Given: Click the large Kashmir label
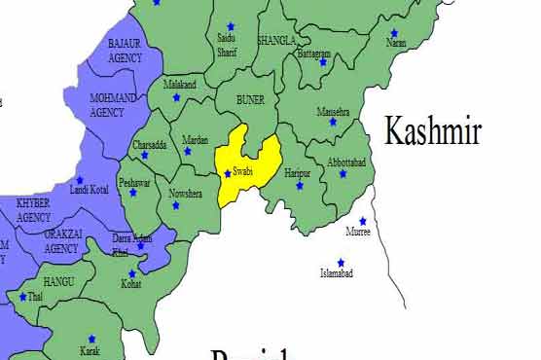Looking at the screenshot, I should [432, 130].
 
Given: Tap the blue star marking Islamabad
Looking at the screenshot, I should [341, 263].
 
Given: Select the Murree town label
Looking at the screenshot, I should [358, 232].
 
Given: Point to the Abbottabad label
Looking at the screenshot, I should [347, 162].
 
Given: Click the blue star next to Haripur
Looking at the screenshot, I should [300, 185].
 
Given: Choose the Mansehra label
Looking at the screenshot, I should [333, 112].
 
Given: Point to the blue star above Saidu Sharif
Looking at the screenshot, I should [231, 26].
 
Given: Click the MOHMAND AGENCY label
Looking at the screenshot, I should [113, 104].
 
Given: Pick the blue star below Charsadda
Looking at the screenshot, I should [144, 156].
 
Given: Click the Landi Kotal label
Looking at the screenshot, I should [90, 189].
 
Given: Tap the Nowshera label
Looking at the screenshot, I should [185, 194].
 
